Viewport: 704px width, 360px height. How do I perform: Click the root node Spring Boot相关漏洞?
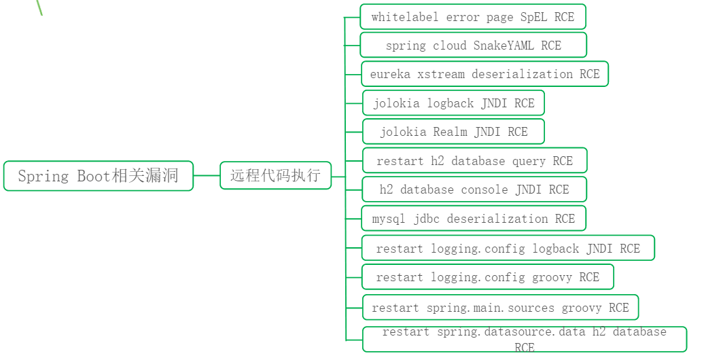point(99,176)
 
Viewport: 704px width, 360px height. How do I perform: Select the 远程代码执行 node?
point(275,175)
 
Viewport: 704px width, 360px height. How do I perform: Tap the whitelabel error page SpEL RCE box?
point(473,17)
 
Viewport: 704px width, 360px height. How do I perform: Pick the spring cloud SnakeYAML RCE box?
point(473,46)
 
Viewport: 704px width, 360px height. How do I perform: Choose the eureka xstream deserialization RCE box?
point(485,74)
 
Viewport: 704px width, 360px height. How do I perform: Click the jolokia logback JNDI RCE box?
point(453,103)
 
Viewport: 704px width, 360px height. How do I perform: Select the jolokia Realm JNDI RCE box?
point(453,132)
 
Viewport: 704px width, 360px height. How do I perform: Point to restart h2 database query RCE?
point(474,161)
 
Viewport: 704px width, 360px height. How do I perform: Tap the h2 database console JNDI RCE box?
point(474,190)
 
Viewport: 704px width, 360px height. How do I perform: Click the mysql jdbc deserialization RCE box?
point(473,219)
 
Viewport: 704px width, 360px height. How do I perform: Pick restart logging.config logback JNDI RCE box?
point(508,249)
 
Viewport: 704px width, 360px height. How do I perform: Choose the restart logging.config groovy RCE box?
point(487,277)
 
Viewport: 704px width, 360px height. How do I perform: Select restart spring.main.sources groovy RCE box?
point(500,308)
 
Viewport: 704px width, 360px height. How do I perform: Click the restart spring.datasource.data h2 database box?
point(524,339)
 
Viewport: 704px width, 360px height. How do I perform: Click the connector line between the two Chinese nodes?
point(207,175)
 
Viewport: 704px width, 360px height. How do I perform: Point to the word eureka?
point(390,74)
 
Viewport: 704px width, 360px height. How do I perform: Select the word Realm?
point(451,132)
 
